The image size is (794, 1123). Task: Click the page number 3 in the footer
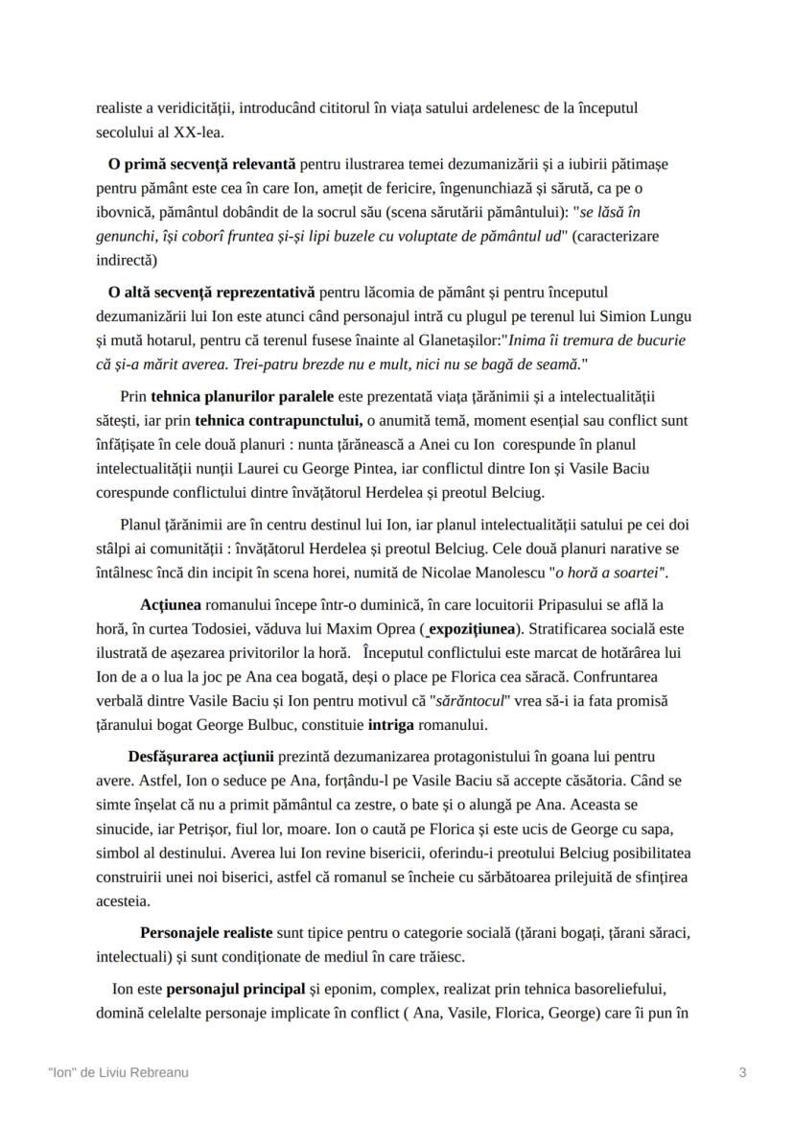tap(742, 1073)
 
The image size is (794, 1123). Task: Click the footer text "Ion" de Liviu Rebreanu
tap(118, 1073)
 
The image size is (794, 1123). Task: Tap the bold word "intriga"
tap(397, 724)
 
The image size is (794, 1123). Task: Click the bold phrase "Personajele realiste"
tap(206, 932)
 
